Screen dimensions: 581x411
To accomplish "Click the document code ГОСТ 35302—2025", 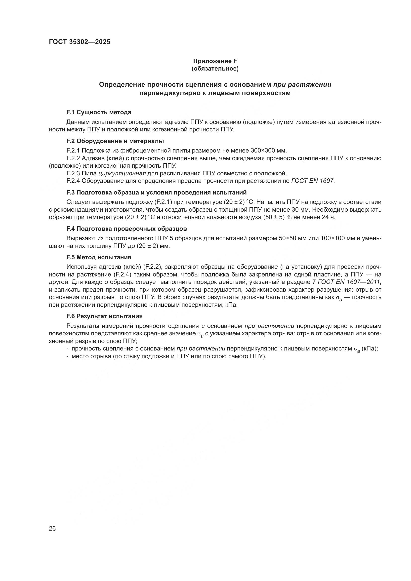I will (x=80, y=42).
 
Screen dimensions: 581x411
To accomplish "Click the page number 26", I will (x=52, y=528).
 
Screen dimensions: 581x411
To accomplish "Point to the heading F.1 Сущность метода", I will (x=99, y=112).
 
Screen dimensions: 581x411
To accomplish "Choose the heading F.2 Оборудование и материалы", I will (x=115, y=141).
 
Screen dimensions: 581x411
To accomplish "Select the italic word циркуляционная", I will (x=122, y=174).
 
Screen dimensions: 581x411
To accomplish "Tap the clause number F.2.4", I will (x=73, y=181).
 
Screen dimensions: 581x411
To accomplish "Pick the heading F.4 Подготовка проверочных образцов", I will (x=126, y=229).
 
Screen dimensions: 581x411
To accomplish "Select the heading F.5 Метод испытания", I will (x=99, y=257).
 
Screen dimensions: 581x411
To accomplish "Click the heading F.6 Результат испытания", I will (x=105, y=316).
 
